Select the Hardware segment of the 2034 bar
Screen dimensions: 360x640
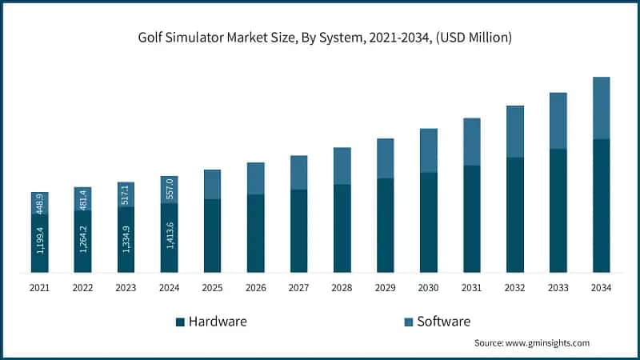pos(601,206)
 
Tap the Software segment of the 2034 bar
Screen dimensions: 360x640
pos(601,108)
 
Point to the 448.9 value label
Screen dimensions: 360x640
pos(40,203)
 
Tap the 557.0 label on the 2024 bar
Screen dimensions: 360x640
pos(170,190)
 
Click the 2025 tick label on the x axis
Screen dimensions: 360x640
pos(212,286)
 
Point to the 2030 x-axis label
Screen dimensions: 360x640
pos(428,286)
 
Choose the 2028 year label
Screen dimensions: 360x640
pos(342,286)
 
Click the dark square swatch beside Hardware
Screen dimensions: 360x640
pos(180,322)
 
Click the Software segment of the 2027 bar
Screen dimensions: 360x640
pos(298,172)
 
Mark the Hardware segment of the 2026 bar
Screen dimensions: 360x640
pos(255,233)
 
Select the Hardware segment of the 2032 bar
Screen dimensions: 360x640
pos(514,214)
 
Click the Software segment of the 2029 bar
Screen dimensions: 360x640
pos(385,158)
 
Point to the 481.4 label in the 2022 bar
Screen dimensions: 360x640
pos(83,199)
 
